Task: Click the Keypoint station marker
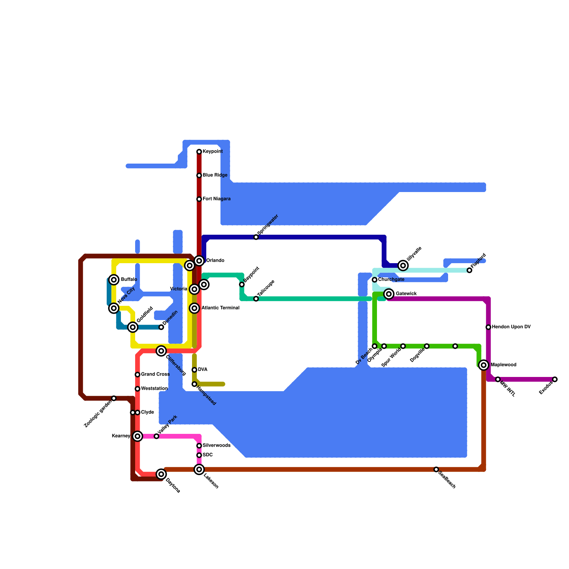[x=199, y=152]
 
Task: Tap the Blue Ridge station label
[x=215, y=175]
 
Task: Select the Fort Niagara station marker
[x=199, y=199]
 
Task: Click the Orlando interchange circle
[x=199, y=261]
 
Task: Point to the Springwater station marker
[x=256, y=237]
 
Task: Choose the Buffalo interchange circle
[x=114, y=280]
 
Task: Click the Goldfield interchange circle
[x=133, y=327]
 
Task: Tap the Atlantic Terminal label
[x=220, y=308]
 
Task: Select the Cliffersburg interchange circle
[x=161, y=351]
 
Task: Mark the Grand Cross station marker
[x=137, y=374]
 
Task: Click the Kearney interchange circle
[x=138, y=436]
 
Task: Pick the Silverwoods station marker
[x=199, y=446]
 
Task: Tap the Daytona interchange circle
[x=161, y=474]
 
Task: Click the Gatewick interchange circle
[x=389, y=294]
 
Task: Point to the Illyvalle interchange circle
[x=403, y=265]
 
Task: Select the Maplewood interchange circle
[x=484, y=365]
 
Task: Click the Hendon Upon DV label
[x=511, y=327]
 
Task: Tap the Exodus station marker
[x=555, y=379]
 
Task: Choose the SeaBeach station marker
[x=436, y=469]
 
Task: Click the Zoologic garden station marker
[x=114, y=398]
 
